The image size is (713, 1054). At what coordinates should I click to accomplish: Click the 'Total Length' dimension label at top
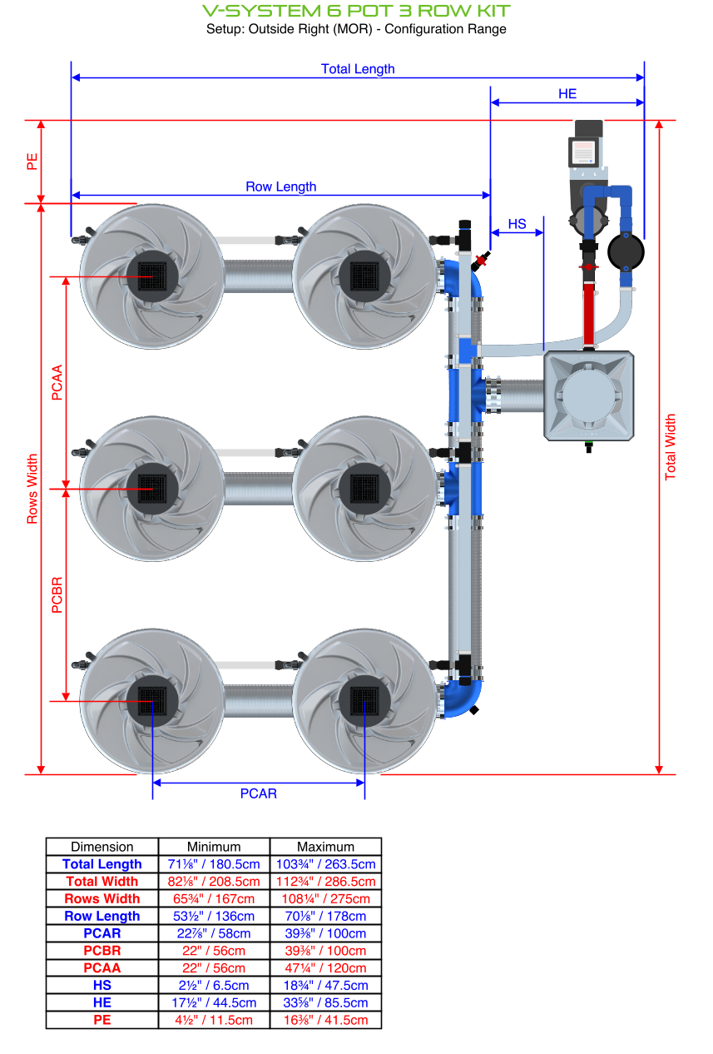point(358,69)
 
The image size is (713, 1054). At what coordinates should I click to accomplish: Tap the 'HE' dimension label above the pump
point(567,94)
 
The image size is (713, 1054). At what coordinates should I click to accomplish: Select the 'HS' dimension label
point(517,224)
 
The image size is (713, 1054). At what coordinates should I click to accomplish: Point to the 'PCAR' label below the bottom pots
point(258,793)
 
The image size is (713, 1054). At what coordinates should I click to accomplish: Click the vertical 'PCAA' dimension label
point(57,382)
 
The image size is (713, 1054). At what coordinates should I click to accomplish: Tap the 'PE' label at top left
point(32,161)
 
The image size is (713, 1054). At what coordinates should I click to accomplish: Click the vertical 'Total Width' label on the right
point(671,447)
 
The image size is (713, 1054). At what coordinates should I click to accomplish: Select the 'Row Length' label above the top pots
point(280,186)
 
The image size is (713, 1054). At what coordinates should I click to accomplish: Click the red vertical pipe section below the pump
point(590,312)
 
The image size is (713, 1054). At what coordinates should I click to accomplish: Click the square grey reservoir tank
point(590,395)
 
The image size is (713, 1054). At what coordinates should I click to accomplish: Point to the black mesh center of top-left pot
point(152,275)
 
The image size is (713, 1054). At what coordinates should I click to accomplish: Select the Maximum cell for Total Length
point(325,864)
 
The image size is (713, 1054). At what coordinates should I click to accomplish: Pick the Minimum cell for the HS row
point(214,985)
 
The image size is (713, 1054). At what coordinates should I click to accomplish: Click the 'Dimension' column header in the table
point(102,847)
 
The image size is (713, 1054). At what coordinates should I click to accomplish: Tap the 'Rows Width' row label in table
point(102,898)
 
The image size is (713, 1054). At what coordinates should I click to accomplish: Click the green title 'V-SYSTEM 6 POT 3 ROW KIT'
point(356,11)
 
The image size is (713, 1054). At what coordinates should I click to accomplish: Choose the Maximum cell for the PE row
point(325,1020)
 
